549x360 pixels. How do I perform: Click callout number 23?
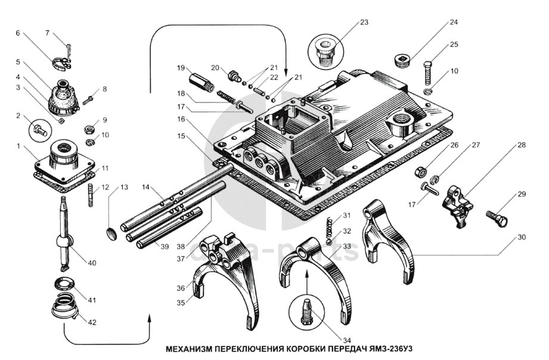pos(363,23)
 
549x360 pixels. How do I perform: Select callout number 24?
pos(454,23)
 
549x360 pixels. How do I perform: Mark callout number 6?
pos(18,33)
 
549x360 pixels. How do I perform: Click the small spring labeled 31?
pos(327,226)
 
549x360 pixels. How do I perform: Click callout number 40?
pos(91,264)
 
